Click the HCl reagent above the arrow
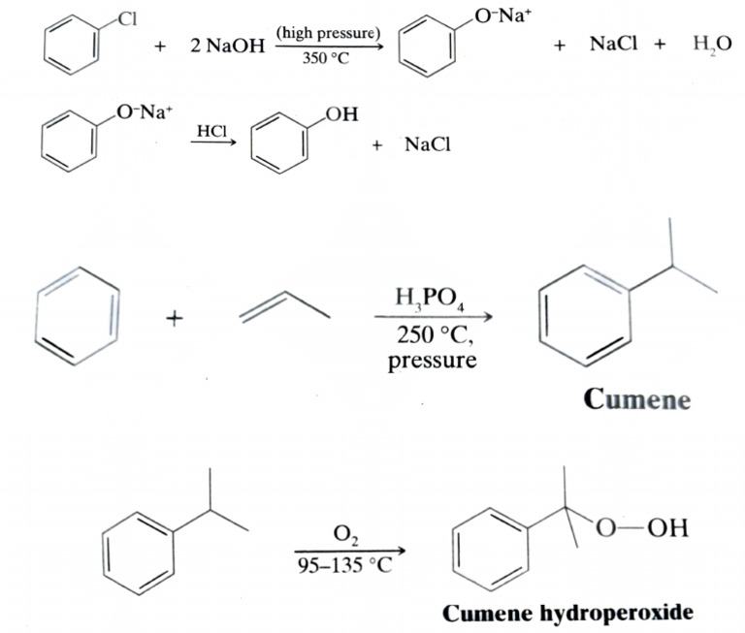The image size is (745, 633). click(212, 130)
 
